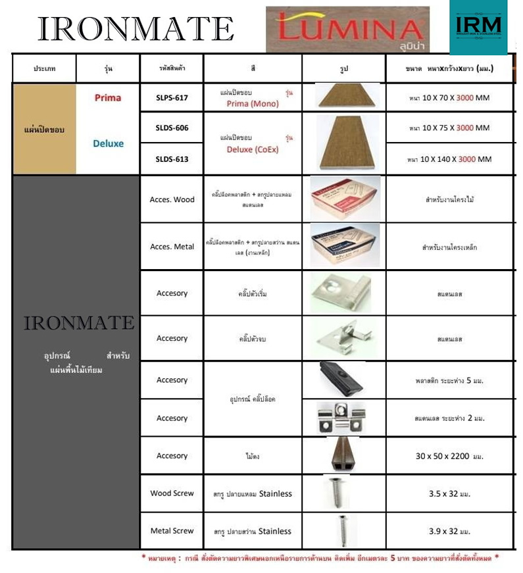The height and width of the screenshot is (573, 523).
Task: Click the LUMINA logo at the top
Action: coord(347,29)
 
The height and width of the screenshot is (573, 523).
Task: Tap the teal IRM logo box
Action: coord(478,27)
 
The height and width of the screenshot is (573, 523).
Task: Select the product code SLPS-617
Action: coord(172,98)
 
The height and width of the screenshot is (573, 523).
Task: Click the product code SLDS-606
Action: coord(172,128)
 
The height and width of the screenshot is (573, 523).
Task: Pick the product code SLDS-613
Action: coord(172,159)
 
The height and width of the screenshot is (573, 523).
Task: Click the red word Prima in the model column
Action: coord(108,98)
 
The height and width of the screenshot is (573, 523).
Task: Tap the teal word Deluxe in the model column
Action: coord(108,143)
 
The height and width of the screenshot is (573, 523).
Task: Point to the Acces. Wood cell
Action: coord(172,199)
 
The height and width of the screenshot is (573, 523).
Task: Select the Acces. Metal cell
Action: coord(172,247)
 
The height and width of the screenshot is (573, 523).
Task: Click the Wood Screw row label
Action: coord(172,493)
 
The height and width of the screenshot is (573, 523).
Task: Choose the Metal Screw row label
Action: coord(172,531)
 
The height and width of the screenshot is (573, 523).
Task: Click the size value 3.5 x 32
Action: coord(449,493)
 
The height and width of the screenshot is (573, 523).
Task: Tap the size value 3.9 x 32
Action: coord(449,531)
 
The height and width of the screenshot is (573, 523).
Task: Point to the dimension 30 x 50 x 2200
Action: coord(449,456)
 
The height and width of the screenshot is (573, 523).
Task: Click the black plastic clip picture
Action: coord(343,380)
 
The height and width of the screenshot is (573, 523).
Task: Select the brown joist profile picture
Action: coord(344,455)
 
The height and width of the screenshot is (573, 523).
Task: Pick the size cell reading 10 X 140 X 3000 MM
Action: coord(449,159)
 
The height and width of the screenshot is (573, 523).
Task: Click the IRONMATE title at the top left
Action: coord(136,29)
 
